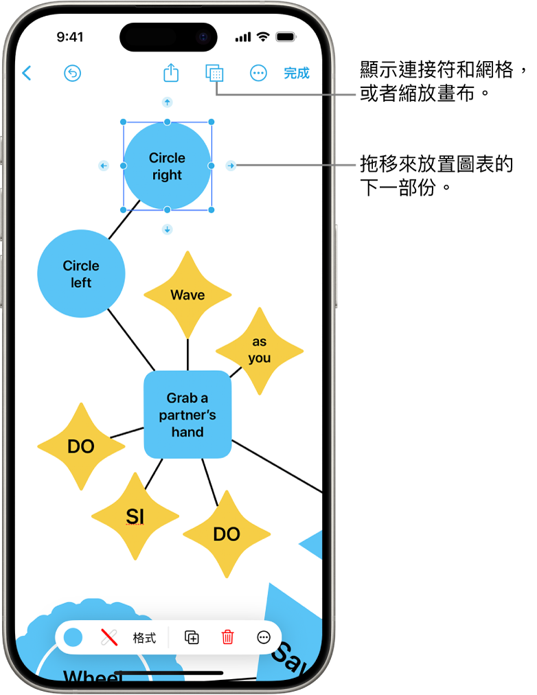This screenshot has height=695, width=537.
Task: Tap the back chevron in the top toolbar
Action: [x=27, y=73]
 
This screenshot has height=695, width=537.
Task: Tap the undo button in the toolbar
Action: [x=72, y=73]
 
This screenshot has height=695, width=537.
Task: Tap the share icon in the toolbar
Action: [x=171, y=73]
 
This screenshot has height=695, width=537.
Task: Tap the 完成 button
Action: [x=297, y=73]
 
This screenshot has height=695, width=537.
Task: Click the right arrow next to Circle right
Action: [x=231, y=166]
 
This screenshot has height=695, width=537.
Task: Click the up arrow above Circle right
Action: [x=167, y=102]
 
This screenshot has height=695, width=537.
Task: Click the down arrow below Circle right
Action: [x=167, y=229]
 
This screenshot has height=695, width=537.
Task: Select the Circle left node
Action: [x=81, y=274]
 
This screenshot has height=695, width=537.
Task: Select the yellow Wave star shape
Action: [x=187, y=295]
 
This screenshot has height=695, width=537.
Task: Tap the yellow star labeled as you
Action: [x=260, y=350]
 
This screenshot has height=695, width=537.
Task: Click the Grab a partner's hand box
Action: [x=187, y=414]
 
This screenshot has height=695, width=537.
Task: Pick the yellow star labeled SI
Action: [x=135, y=516]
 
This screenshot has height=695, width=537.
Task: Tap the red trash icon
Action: [x=227, y=637]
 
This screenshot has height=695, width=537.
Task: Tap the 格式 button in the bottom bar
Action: [x=144, y=638]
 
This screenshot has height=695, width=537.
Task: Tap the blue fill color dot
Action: [x=73, y=637]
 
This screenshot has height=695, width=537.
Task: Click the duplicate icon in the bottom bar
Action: [x=192, y=637]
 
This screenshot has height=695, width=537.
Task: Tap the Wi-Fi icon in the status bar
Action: [x=263, y=37]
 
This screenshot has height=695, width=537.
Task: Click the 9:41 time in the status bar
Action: [x=70, y=37]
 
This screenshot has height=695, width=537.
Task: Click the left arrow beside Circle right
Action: [x=103, y=166]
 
